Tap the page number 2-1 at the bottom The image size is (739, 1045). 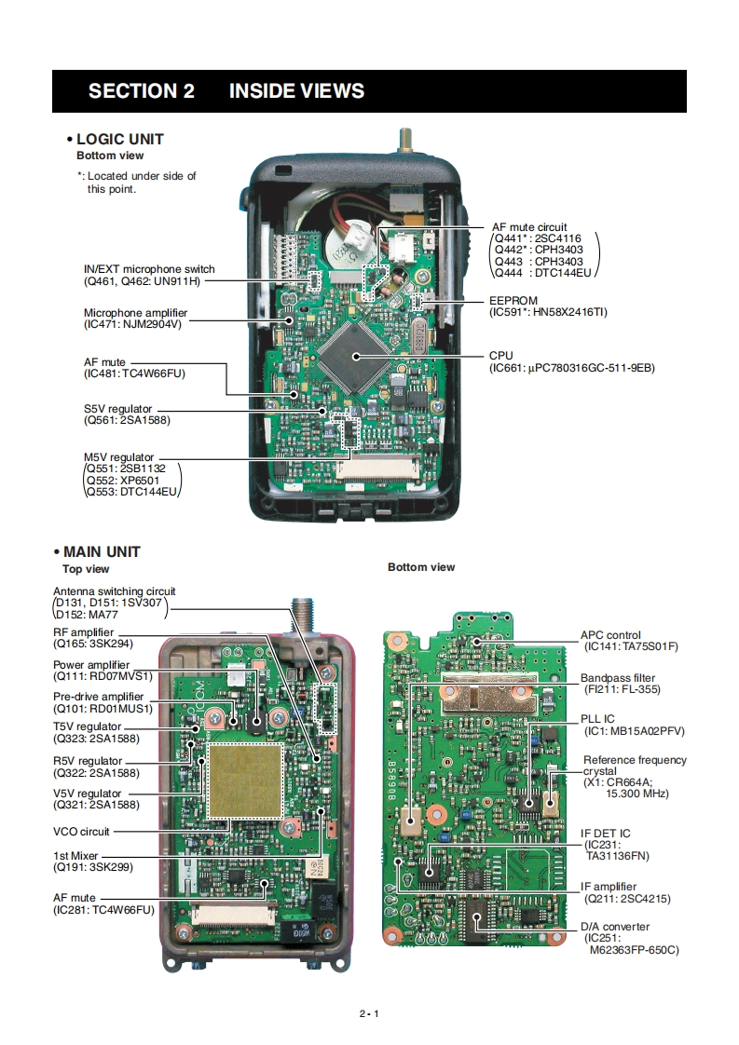tap(369, 1013)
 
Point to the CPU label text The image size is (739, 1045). tap(500, 356)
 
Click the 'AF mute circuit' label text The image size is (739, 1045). tap(529, 227)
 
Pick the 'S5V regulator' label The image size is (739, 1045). tap(117, 409)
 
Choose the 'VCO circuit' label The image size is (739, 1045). tap(81, 831)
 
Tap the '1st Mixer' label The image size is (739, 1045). tap(75, 855)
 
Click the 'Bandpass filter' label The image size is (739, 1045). tap(618, 678)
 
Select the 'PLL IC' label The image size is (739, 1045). tap(596, 719)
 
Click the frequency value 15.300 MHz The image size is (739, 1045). tap(637, 794)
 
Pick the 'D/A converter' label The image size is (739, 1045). tap(615, 927)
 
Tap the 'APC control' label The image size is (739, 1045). tap(610, 635)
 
